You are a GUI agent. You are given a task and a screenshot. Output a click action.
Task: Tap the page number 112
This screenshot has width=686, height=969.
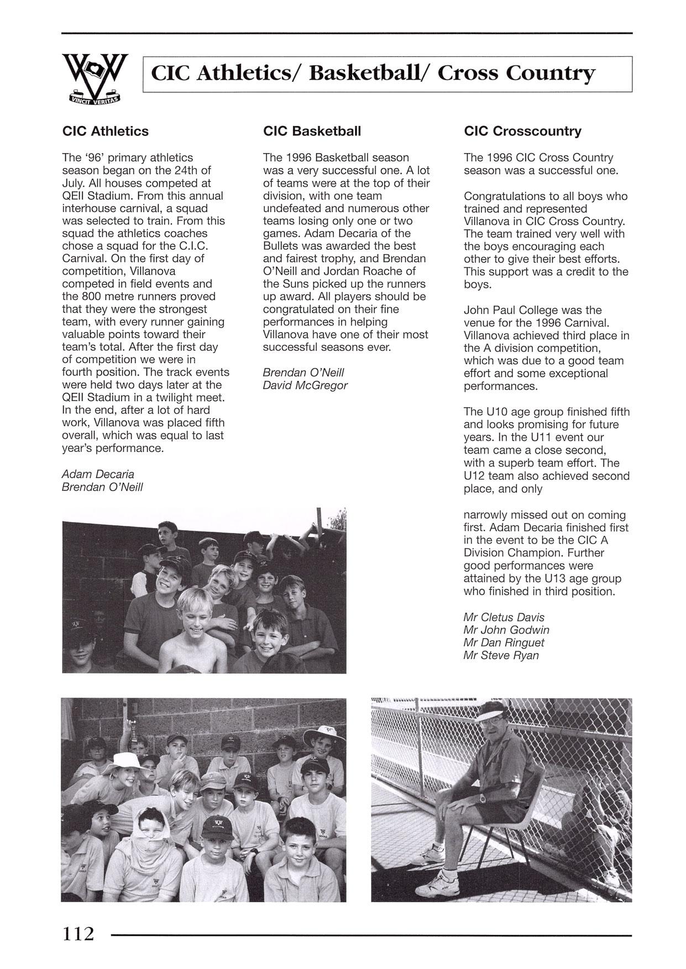tap(78, 933)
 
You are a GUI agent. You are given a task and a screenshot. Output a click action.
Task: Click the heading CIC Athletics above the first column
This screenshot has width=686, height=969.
tap(105, 131)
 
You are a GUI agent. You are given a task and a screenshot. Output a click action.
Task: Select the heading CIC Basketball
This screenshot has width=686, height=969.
tap(312, 131)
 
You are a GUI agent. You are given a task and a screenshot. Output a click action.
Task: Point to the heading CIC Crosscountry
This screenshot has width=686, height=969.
tap(522, 131)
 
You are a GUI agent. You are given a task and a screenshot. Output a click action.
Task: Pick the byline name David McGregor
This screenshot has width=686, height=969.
tap(305, 385)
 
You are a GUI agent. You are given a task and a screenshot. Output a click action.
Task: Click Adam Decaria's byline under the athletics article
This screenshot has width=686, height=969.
tap(98, 474)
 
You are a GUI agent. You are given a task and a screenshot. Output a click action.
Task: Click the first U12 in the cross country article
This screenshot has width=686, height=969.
tap(474, 476)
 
